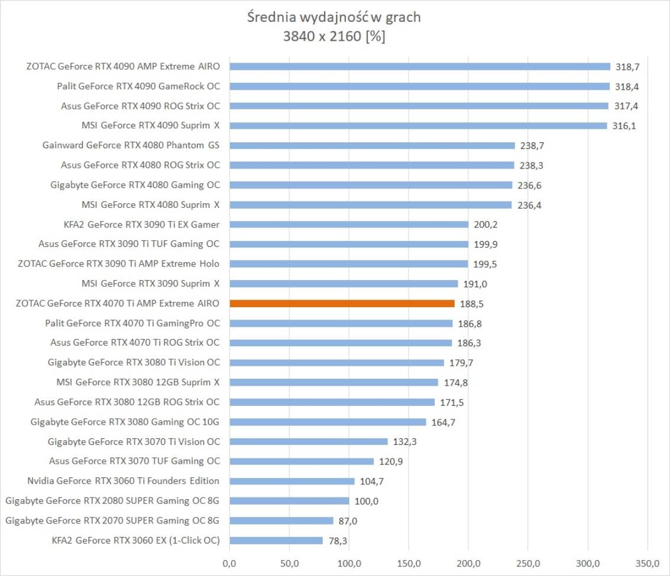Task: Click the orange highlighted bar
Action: [342, 304]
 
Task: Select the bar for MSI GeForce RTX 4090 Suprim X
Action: [418, 125]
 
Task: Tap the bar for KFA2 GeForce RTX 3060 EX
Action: [276, 541]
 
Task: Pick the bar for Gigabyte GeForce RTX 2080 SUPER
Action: [289, 501]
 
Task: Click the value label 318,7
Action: [628, 67]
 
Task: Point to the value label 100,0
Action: [367, 502]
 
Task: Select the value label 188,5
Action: [472, 304]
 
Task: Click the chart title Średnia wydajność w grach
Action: [334, 17]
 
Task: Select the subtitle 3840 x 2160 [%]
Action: [334, 37]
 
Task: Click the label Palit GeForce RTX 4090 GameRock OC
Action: [138, 86]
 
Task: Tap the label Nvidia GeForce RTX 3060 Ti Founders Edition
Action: [123, 481]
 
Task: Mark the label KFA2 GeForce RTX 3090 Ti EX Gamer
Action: [141, 224]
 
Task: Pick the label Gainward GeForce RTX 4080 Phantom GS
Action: [131, 145]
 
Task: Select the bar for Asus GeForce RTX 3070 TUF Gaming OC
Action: [302, 461]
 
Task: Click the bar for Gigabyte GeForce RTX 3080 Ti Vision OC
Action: [336, 363]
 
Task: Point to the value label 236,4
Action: [529, 205]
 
